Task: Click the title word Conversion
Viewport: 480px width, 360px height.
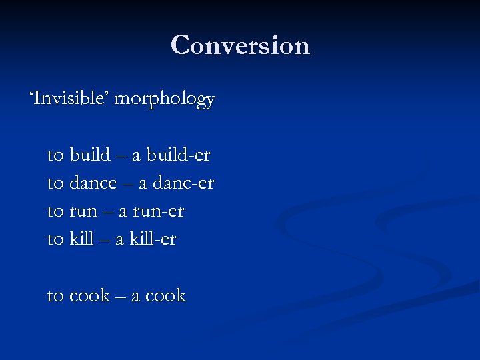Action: click(240, 45)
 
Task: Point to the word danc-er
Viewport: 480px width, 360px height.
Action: click(184, 183)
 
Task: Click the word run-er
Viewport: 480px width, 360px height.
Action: click(159, 212)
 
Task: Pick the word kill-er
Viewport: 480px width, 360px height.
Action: click(154, 239)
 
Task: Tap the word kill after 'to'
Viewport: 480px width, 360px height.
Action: click(81, 239)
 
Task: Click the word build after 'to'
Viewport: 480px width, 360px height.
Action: click(90, 155)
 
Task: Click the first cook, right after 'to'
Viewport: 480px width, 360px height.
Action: click(89, 296)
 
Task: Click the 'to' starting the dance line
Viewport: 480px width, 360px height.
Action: click(55, 183)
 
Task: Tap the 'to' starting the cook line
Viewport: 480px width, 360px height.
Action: click(55, 296)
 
